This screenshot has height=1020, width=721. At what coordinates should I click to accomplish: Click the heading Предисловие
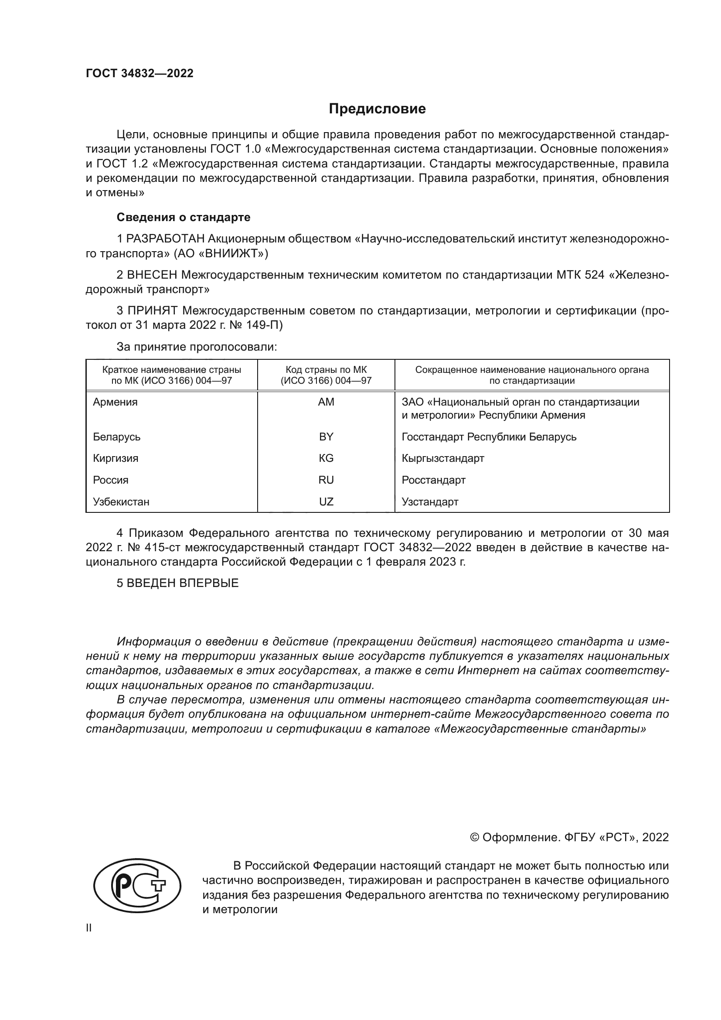pos(377,109)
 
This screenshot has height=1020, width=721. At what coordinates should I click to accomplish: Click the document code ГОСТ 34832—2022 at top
pos(139,73)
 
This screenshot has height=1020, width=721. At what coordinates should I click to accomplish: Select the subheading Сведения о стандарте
pos(184,217)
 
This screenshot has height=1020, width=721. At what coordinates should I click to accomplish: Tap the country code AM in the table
pos(326,402)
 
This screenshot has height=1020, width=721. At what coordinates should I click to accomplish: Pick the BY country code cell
pos(326,437)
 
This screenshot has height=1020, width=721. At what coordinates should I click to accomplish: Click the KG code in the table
pos(326,458)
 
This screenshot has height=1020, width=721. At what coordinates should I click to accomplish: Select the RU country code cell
pos(326,480)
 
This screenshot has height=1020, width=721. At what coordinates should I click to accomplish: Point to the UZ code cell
pos(326,501)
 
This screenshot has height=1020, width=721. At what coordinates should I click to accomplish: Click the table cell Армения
pos(116,402)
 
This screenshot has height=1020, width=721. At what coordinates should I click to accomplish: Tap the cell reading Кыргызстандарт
pos(442,458)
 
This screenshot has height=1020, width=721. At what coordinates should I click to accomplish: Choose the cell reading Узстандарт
pos(430,501)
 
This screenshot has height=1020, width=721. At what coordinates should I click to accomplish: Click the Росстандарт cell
pos(433,480)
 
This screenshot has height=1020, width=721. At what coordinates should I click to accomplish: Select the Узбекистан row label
pos(121,501)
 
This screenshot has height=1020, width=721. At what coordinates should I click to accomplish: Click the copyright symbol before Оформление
pos(474,837)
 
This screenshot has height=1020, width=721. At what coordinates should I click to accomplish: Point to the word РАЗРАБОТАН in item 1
pos(166,239)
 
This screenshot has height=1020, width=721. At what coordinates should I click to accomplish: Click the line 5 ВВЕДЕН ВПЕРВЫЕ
pos(177,583)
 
